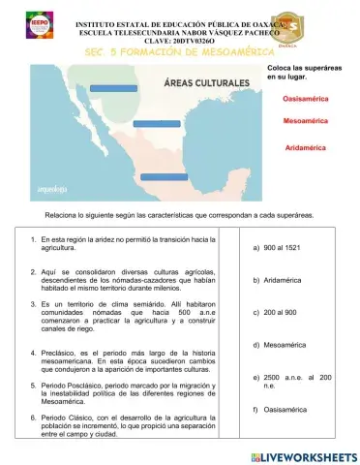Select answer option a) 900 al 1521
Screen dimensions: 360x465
(x=282, y=247)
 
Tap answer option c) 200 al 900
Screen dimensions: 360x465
(x=281, y=313)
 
